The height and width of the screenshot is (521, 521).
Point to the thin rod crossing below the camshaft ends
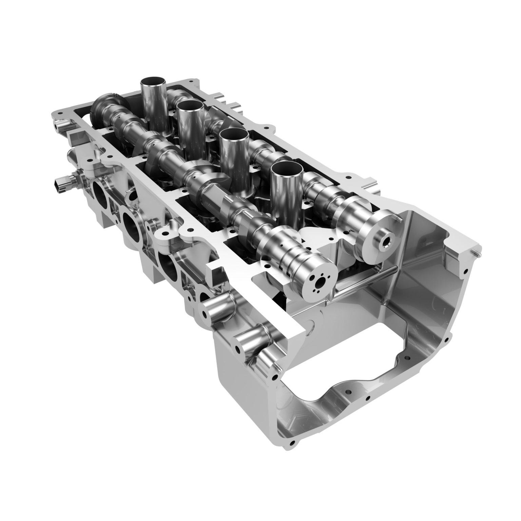[366, 281]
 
